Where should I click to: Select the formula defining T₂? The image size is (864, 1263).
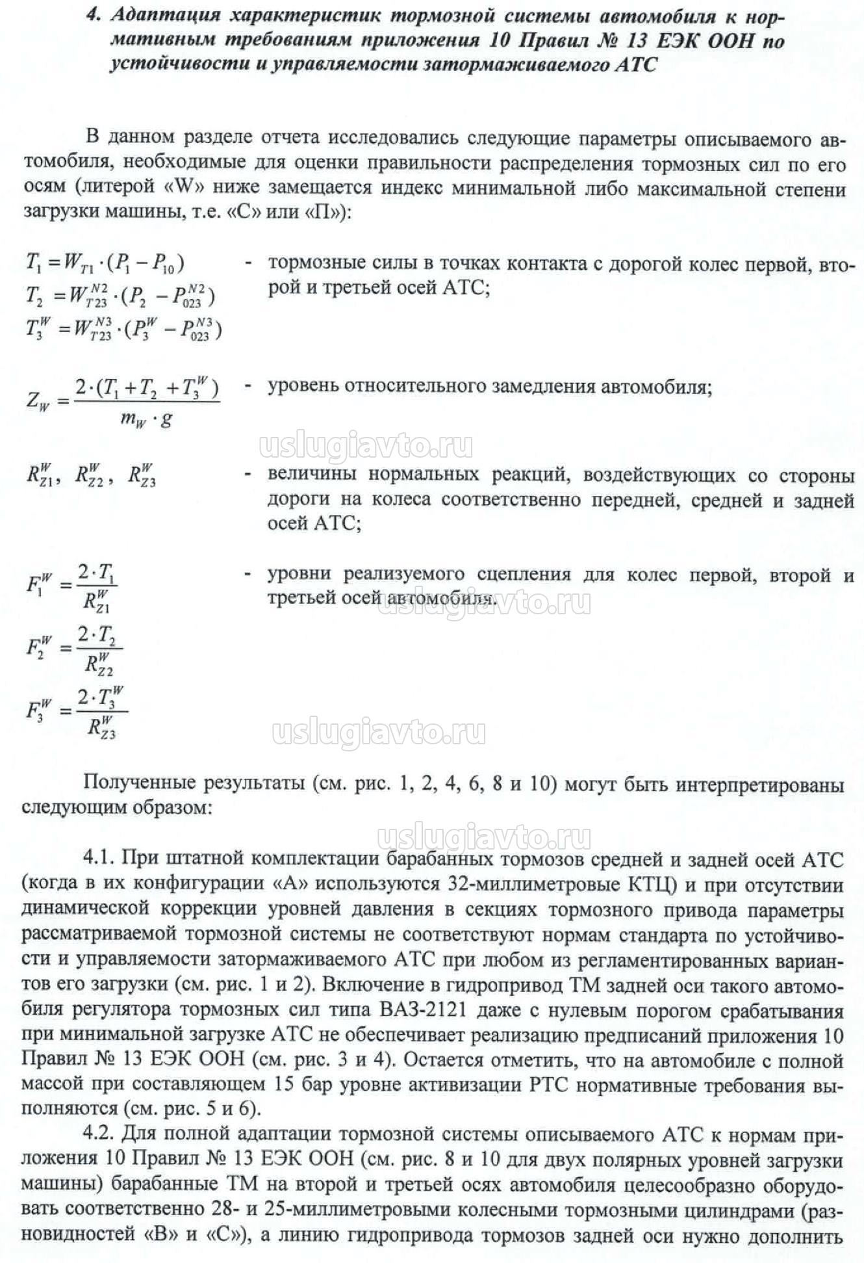120,296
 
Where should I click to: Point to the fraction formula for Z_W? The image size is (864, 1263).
123,401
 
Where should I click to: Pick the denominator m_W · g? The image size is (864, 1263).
146,419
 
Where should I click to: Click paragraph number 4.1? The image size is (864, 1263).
101,859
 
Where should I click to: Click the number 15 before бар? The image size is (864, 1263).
286,1086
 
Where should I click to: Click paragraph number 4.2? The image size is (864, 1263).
101,1136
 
